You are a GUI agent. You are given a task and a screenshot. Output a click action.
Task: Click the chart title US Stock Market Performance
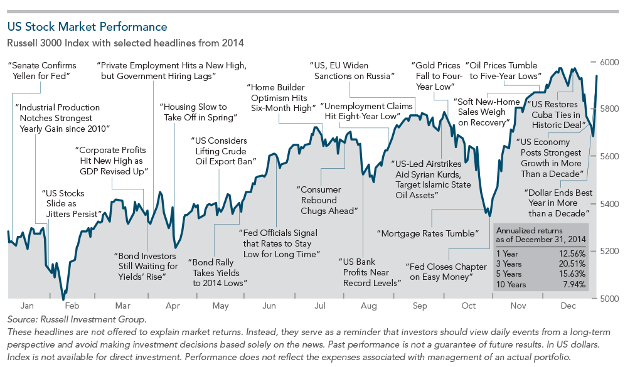[87, 27]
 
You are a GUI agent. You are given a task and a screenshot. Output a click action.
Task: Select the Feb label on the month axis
[72, 307]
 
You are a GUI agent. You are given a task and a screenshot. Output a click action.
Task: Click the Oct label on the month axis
[468, 307]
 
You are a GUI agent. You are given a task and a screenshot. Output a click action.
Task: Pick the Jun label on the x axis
[269, 307]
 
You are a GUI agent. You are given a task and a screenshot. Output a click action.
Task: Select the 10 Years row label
[512, 284]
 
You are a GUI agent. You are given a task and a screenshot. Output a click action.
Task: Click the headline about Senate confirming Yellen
[41, 70]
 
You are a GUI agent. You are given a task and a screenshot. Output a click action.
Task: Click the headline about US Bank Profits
[370, 272]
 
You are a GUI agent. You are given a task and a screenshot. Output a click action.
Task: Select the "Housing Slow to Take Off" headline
[198, 112]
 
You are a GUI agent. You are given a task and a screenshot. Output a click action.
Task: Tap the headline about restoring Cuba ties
[555, 115]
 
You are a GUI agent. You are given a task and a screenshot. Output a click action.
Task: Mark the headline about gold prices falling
[437, 76]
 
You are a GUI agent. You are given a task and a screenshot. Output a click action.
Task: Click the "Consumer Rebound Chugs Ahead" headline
[327, 200]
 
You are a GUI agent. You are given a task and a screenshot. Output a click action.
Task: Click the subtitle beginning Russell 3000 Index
[125, 43]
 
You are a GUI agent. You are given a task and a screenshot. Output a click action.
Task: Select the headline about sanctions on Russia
[352, 70]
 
